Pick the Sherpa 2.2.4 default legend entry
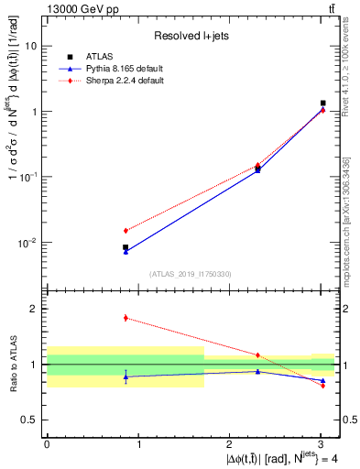pyautogui.click(x=109, y=81)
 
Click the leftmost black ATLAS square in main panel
pyautogui.click(x=125, y=247)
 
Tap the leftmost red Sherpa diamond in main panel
pyautogui.click(x=125, y=230)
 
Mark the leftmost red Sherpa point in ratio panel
pyautogui.click(x=125, y=318)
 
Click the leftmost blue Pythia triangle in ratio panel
pyautogui.click(x=125, y=376)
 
